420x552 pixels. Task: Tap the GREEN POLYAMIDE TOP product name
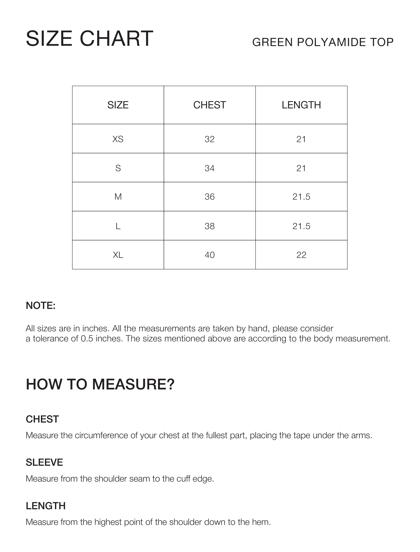click(x=323, y=42)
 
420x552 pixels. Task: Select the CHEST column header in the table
click(x=210, y=105)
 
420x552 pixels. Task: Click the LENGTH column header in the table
click(x=301, y=105)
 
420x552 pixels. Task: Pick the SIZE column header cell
click(x=118, y=105)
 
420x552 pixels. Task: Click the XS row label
click(x=118, y=139)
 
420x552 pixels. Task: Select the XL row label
click(x=118, y=255)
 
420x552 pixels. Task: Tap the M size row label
click(x=118, y=197)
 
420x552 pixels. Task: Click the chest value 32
click(x=210, y=139)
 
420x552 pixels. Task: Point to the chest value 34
click(x=210, y=168)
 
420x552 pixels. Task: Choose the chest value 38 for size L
click(x=210, y=226)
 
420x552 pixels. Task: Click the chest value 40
click(x=210, y=255)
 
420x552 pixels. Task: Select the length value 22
click(x=301, y=255)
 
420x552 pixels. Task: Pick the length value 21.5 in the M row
click(x=301, y=197)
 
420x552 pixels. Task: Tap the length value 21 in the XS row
click(x=301, y=139)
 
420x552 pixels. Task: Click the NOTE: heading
click(x=40, y=305)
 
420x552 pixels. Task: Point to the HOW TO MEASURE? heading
click(x=100, y=384)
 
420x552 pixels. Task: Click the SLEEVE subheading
click(x=44, y=462)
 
